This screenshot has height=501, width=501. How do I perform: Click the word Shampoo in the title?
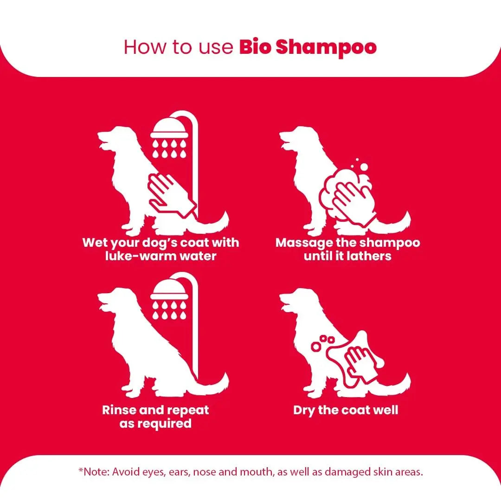pos(326,48)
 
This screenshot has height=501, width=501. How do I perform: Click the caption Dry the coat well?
pos(346,410)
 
